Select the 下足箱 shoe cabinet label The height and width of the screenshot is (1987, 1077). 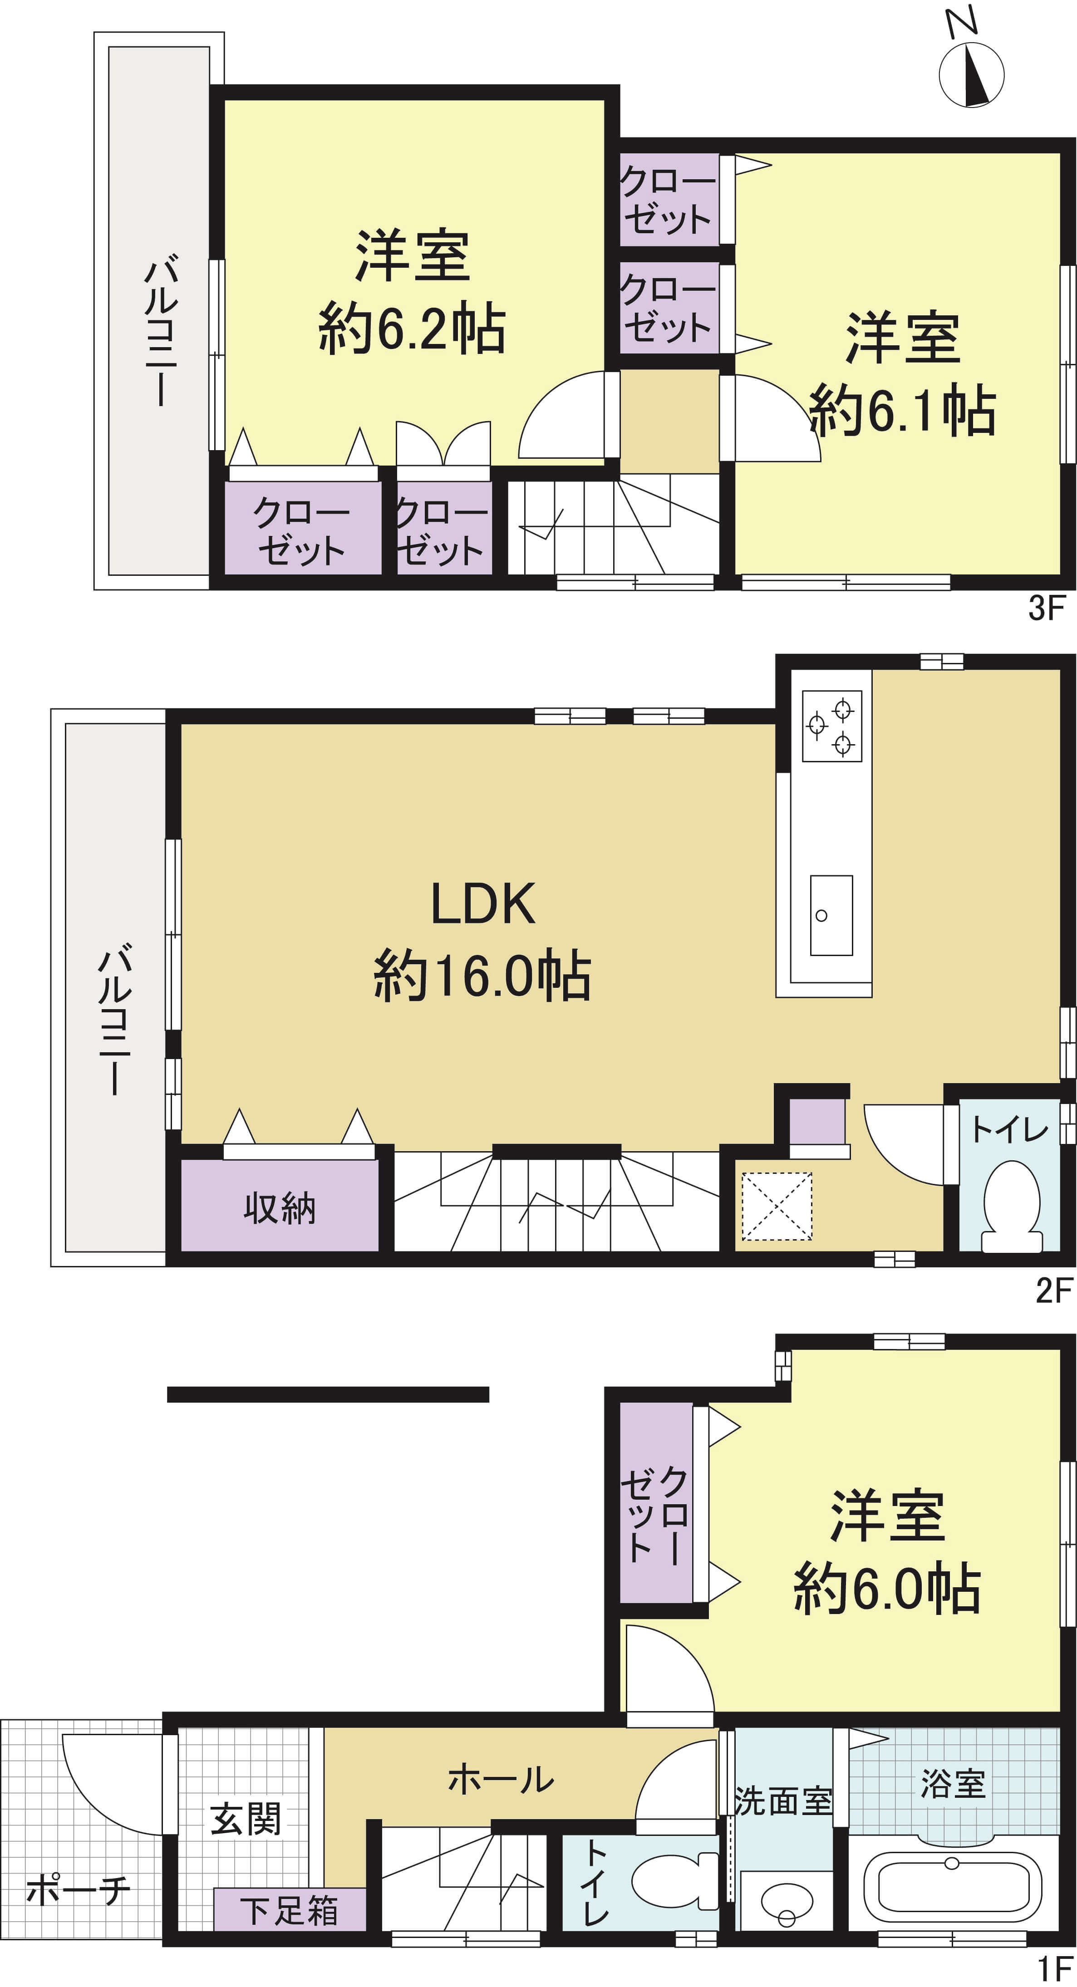(289, 1911)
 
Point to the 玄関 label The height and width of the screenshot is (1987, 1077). (246, 1820)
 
